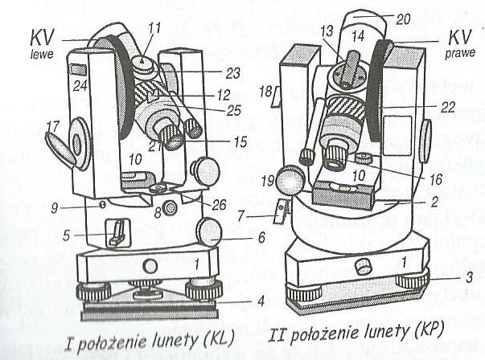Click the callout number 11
pos(154,27)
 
